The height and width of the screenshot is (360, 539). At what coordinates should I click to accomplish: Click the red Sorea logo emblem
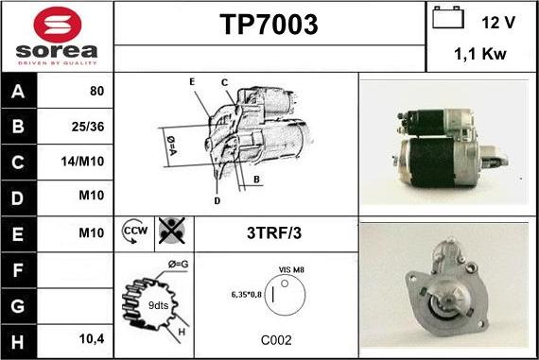[58, 24]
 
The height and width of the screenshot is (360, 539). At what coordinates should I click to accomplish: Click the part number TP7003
[269, 25]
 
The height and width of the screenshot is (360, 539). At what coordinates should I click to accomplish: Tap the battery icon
[448, 17]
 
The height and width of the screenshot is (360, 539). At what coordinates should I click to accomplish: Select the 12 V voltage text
[498, 23]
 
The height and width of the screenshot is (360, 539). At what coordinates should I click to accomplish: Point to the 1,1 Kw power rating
[480, 54]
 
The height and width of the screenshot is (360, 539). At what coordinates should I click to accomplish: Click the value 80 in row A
[96, 91]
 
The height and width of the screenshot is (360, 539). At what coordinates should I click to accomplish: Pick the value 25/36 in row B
[88, 127]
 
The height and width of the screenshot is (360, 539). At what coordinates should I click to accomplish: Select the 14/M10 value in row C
[82, 162]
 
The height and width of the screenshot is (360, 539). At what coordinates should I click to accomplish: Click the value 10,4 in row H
[92, 339]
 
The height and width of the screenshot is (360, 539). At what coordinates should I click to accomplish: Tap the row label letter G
[18, 306]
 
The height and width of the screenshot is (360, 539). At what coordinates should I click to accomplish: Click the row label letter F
[18, 270]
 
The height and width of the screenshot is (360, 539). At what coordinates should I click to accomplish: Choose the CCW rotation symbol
[134, 231]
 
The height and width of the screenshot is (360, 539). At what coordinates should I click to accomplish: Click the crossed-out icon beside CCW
[172, 231]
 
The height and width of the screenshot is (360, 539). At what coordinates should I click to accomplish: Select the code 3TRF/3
[274, 232]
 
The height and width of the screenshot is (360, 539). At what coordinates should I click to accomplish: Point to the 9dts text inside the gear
[158, 305]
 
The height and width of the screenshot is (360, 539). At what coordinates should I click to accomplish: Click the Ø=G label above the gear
[178, 265]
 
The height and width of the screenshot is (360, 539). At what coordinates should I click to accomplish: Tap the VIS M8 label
[291, 269]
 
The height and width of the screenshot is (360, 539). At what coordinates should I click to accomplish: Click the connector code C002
[276, 340]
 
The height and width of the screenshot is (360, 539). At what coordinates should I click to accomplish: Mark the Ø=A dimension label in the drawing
[171, 146]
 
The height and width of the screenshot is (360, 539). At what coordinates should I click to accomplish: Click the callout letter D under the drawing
[217, 201]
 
